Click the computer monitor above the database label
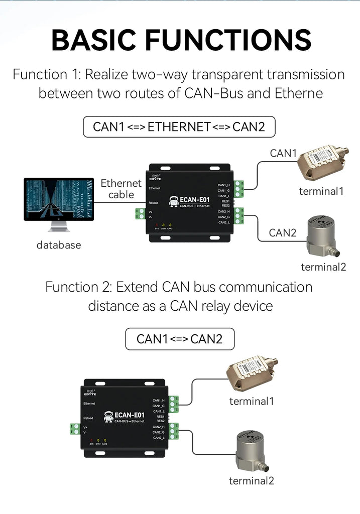click(x=59, y=199)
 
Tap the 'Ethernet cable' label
click(x=121, y=189)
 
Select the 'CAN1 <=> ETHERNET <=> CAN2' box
click(x=179, y=127)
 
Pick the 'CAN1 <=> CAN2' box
click(x=179, y=339)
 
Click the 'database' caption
click(x=58, y=245)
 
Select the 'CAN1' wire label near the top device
click(x=284, y=153)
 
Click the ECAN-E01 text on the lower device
click(x=130, y=415)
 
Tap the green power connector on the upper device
click(x=139, y=213)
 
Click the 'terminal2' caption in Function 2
click(x=252, y=481)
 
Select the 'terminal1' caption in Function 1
click(x=321, y=191)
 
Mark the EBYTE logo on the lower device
click(x=90, y=393)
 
